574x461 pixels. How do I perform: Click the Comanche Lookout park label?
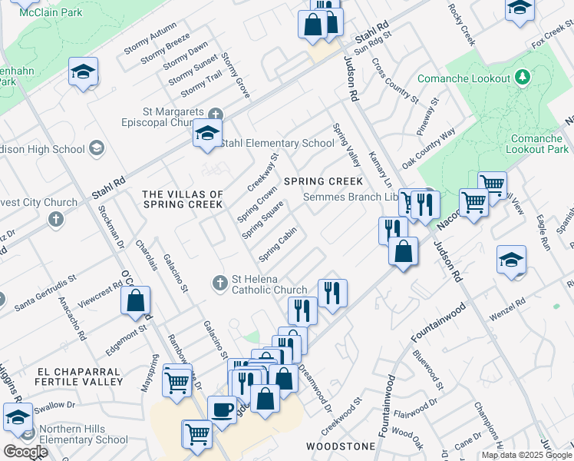coord(463,78)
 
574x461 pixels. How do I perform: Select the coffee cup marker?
coord(223,410)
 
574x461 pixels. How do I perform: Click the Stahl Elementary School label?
coord(277,143)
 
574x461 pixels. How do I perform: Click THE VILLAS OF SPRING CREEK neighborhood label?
coord(183,200)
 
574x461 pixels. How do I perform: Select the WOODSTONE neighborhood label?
coord(341,446)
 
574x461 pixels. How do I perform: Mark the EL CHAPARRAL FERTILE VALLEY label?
coord(80,376)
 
